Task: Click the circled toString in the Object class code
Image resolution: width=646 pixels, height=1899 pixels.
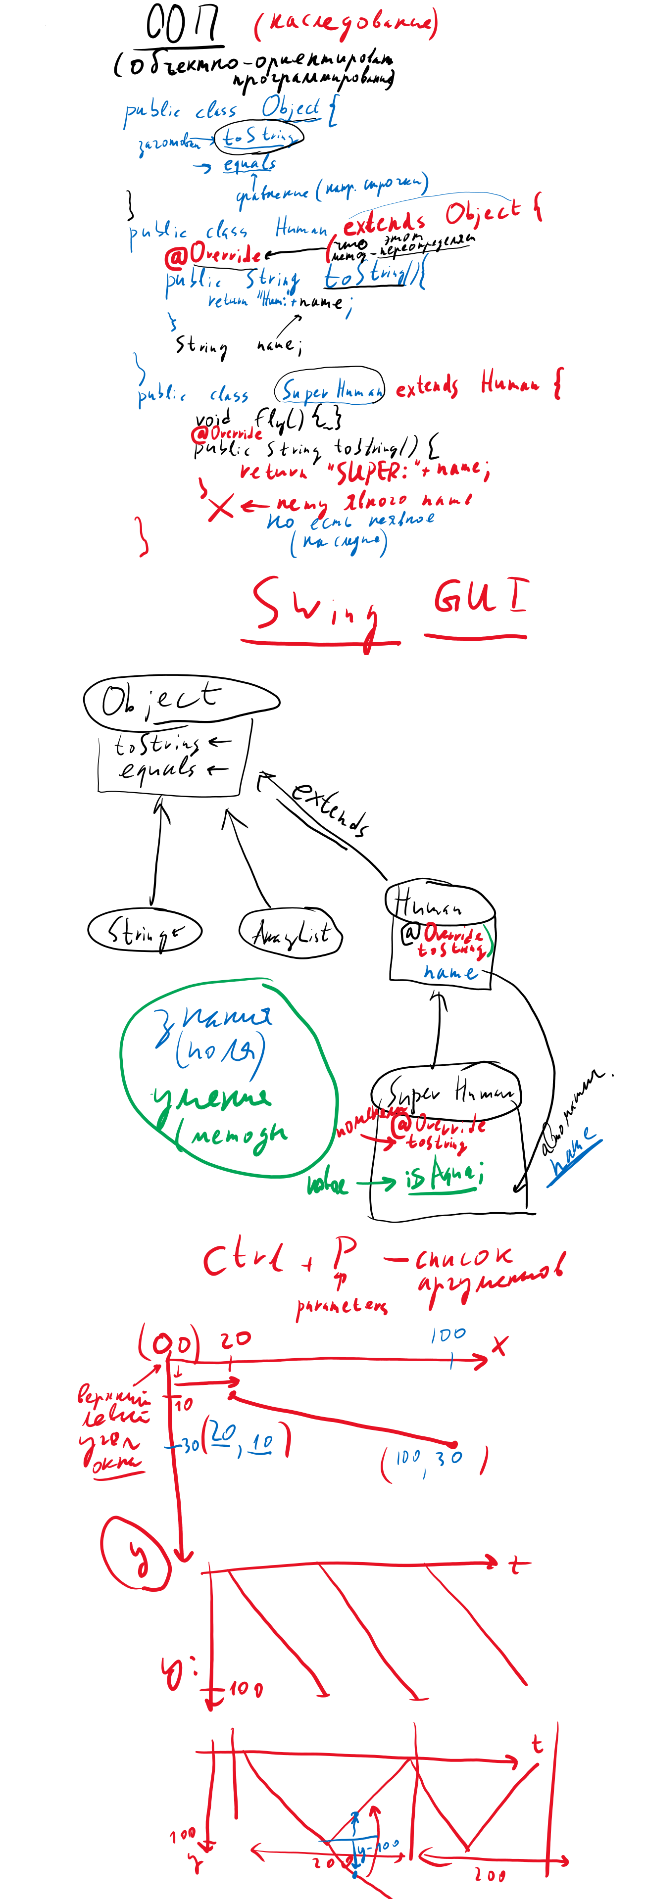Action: coord(258,137)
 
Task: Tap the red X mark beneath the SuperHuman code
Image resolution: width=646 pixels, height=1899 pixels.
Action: coord(220,507)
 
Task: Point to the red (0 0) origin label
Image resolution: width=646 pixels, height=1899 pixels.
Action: coord(169,1343)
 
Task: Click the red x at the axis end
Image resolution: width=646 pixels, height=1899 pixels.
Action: coord(500,1345)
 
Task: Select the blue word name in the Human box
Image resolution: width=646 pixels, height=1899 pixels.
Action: coord(450,973)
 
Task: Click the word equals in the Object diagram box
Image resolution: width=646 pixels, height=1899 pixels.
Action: coord(158,769)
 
